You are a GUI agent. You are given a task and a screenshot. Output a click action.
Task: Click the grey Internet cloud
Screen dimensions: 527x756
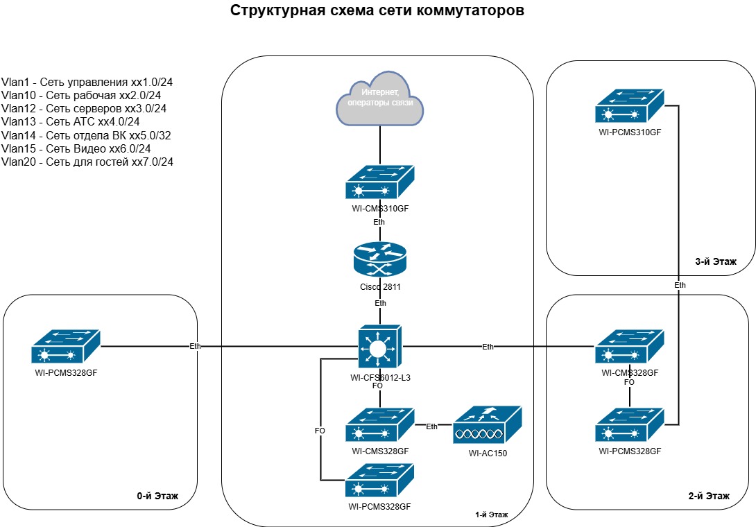380,100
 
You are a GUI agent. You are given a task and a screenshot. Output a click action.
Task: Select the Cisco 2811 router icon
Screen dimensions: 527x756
380,261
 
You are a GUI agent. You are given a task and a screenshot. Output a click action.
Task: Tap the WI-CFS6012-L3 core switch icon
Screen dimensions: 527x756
380,346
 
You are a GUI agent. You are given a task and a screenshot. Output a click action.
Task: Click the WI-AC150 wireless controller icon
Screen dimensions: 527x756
486,425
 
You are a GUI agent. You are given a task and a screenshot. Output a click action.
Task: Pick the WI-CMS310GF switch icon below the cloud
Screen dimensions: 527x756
379,184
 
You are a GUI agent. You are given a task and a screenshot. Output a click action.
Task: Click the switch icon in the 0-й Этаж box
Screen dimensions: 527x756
66,346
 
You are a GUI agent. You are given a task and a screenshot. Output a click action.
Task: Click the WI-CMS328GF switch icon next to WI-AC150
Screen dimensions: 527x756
379,425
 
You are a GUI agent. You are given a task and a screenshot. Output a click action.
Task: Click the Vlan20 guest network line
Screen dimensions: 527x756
87,162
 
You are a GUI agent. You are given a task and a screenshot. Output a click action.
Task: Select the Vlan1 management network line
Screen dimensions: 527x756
87,82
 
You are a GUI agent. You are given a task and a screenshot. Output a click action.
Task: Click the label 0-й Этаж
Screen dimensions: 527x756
157,496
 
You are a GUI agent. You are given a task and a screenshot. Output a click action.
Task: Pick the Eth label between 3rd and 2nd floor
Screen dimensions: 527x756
680,285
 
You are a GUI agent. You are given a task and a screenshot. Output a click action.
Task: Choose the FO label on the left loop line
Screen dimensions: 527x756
320,431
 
